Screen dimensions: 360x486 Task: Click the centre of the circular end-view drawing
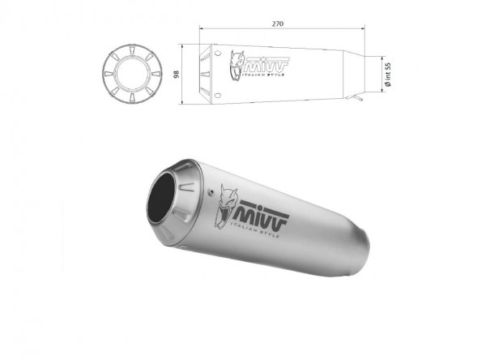(x=131, y=75)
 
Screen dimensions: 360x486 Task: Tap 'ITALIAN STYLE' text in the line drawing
(x=269, y=71)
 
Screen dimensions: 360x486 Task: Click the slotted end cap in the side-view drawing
(x=210, y=75)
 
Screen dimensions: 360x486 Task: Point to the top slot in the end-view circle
(x=131, y=49)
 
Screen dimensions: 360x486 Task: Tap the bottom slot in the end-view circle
(x=131, y=100)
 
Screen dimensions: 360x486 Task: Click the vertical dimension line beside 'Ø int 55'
(x=382, y=73)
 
